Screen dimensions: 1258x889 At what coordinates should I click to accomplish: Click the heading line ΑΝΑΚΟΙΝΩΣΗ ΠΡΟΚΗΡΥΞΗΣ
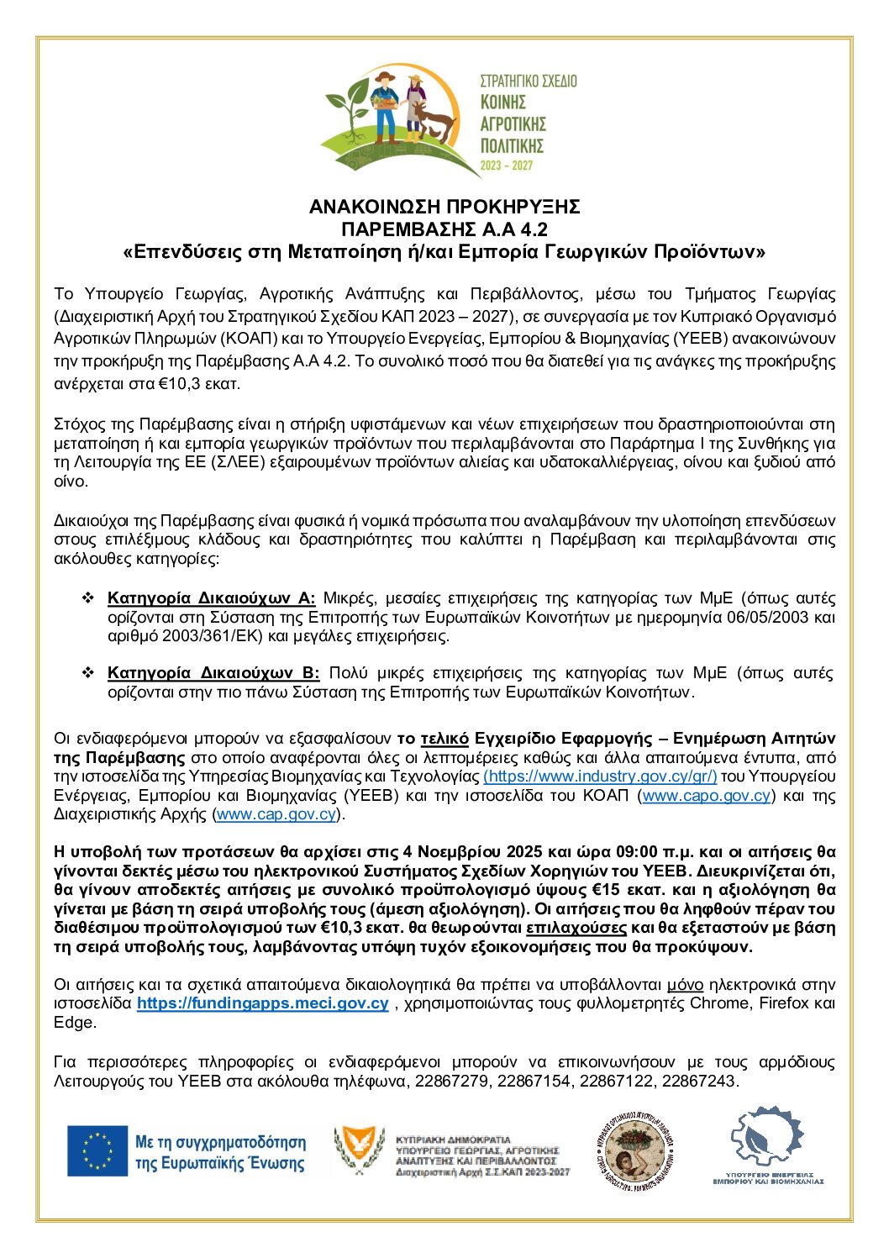[444, 207]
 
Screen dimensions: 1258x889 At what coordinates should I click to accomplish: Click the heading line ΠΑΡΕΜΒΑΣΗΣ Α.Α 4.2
[444, 229]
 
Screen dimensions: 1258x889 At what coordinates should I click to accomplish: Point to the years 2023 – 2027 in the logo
[506, 166]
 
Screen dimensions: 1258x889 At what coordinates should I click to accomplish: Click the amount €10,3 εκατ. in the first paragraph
[203, 384]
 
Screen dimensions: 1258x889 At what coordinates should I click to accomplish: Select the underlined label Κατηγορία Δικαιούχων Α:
[211, 598]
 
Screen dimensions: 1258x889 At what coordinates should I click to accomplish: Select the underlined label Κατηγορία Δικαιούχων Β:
[213, 673]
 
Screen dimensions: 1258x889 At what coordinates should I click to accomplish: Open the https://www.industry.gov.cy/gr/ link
[600, 776]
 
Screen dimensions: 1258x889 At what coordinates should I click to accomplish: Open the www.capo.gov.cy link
[706, 796]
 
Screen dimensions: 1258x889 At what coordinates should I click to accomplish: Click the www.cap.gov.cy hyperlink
[276, 814]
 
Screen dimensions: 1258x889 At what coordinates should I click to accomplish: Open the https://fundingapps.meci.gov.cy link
[262, 1003]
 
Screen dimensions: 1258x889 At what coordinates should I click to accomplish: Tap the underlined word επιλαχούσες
[576, 928]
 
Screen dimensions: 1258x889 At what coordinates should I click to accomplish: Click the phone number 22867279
[451, 1082]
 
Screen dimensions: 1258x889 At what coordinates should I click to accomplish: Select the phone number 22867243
[698, 1082]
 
